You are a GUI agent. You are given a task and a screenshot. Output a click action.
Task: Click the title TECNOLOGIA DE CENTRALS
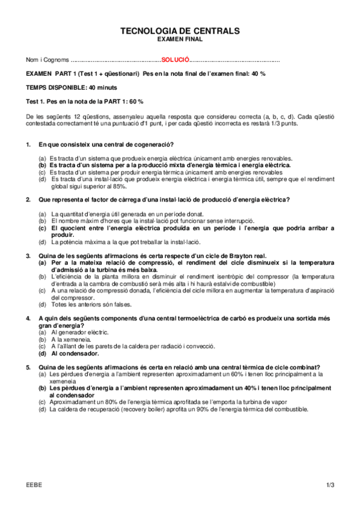click(x=180, y=30)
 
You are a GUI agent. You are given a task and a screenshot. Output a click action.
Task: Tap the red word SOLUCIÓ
click(x=175, y=61)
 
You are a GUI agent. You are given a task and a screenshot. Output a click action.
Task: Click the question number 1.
click(x=28, y=145)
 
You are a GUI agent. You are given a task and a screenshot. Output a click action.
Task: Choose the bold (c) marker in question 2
click(x=42, y=228)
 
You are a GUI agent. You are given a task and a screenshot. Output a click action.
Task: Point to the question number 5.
click(x=28, y=367)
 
